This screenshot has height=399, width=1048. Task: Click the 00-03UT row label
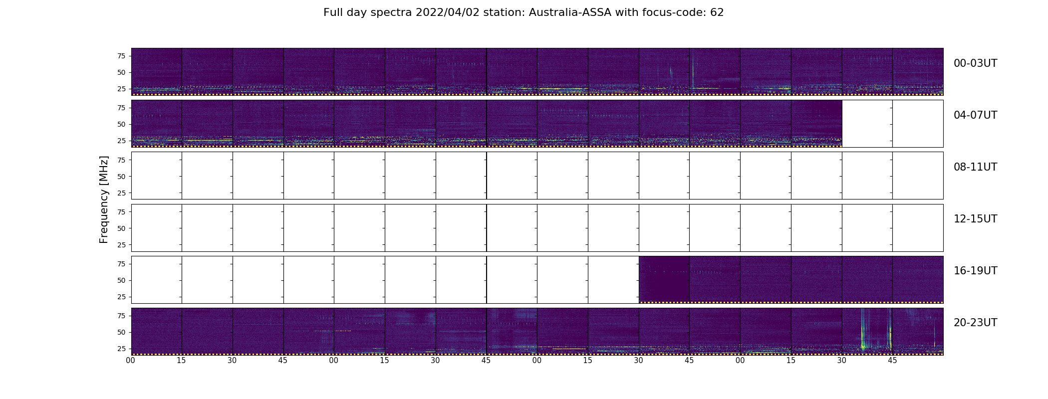(x=975, y=63)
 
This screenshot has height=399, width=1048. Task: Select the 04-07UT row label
(x=975, y=115)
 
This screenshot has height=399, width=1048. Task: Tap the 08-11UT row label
(x=975, y=167)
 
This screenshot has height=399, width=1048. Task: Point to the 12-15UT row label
(x=975, y=219)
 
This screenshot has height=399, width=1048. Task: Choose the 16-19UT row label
(x=975, y=271)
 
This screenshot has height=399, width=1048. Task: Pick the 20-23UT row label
(x=975, y=323)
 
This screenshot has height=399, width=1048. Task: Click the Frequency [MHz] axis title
(x=104, y=199)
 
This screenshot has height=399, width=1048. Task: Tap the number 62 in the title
(x=717, y=12)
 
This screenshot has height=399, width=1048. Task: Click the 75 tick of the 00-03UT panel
(x=121, y=56)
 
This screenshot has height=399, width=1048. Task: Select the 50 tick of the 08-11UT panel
(x=121, y=177)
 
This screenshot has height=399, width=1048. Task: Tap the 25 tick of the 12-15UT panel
(x=121, y=245)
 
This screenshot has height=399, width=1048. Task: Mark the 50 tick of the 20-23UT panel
(x=121, y=332)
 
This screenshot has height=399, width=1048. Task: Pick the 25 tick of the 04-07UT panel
(x=121, y=141)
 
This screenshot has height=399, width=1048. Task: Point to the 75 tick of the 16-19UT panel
(x=121, y=264)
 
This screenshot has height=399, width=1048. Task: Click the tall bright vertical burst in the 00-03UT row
(x=693, y=70)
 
